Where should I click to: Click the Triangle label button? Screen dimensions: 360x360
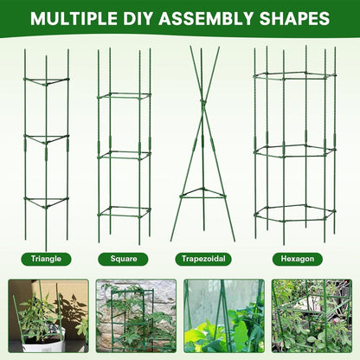tap(46, 258)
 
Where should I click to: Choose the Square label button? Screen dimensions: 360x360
tap(123, 258)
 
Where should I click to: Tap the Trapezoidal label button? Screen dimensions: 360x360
tap(204, 258)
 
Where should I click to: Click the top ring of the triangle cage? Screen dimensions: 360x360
tap(46, 80)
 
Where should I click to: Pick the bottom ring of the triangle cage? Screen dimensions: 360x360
tap(46, 202)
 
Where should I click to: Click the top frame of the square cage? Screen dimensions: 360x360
tap(124, 94)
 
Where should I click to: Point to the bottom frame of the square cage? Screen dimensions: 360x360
tap(124, 210)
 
